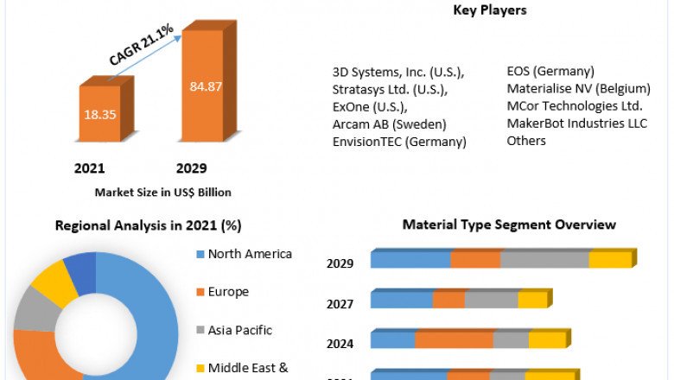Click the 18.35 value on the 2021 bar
[x=99, y=114]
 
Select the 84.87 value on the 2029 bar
[x=205, y=85]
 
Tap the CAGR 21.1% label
[x=140, y=46]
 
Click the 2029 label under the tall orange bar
[x=191, y=168]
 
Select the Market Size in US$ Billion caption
[x=162, y=192]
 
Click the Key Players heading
[x=489, y=10]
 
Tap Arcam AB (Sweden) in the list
[x=383, y=123]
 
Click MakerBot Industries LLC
[x=576, y=123]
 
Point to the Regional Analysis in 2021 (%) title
[x=148, y=225]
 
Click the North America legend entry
[x=250, y=254]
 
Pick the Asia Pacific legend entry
[x=239, y=330]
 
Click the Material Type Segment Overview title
[x=509, y=225]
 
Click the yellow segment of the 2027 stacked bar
[x=532, y=300]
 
